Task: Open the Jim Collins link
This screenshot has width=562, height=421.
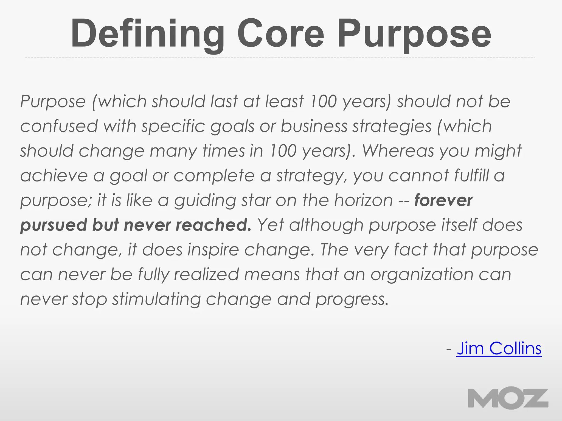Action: pos(499,349)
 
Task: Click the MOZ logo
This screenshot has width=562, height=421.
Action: pos(508,399)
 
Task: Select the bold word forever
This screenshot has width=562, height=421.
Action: pos(443,200)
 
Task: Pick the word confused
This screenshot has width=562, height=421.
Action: pos(59,126)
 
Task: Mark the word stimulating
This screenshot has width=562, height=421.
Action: pos(156,299)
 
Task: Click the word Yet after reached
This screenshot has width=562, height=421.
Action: pos(270,225)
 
